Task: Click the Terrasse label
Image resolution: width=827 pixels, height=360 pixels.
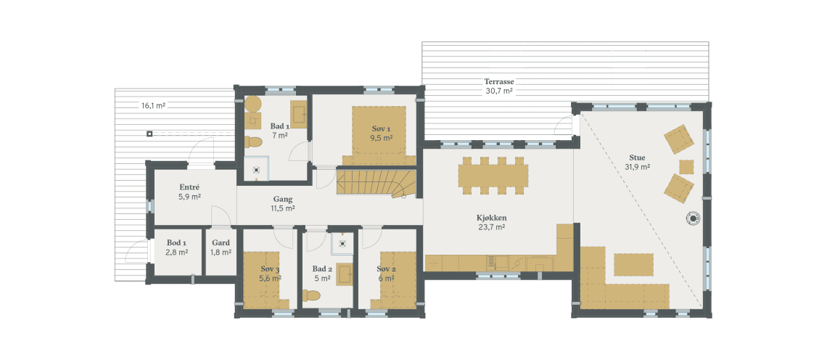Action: [499, 82]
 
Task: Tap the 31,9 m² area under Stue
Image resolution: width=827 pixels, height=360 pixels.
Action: [637, 166]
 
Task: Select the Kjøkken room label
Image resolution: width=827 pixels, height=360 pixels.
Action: [491, 217]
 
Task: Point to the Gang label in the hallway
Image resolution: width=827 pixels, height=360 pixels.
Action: [283, 198]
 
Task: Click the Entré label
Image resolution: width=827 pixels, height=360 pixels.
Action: [189, 187]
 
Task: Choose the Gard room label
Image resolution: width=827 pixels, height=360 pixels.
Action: [221, 243]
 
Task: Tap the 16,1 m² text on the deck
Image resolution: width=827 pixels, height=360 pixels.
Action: [153, 106]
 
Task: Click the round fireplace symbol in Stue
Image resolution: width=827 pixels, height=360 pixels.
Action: [694, 217]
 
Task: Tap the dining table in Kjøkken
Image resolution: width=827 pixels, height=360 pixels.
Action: [493, 175]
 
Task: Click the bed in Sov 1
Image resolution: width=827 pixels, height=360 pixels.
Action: [378, 131]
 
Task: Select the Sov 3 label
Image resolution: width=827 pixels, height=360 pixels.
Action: [270, 269]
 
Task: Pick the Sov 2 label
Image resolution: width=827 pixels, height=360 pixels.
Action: [386, 269]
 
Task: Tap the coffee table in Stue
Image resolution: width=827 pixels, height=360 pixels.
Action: [633, 263]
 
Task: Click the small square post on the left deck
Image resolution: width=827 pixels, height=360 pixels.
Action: [149, 134]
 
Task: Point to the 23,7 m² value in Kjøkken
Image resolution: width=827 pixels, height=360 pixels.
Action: [491, 226]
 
